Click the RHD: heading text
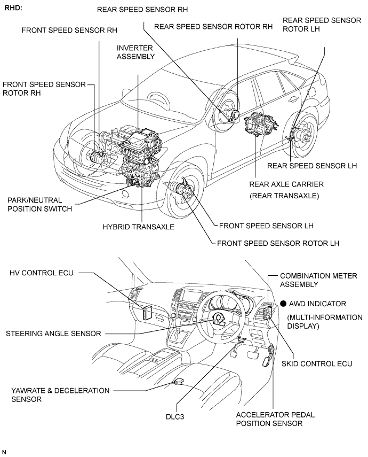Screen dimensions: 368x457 (x=13, y=7)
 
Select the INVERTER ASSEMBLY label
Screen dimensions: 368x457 (x=135, y=52)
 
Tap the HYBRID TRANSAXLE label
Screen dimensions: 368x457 (x=139, y=227)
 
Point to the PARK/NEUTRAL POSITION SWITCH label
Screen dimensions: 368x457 (x=39, y=205)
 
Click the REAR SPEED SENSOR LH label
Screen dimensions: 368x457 (x=312, y=166)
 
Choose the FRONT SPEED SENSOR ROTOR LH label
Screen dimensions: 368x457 (x=278, y=243)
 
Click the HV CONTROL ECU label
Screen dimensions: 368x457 (x=42, y=273)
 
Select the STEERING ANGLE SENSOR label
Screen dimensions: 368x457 (x=53, y=334)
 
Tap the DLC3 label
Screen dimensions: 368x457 (x=175, y=417)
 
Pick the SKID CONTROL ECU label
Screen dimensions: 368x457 (x=317, y=364)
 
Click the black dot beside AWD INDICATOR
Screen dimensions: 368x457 (x=283, y=304)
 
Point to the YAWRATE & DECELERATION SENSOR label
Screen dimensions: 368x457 (x=60, y=394)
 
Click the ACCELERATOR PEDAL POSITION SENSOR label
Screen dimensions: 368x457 (x=275, y=419)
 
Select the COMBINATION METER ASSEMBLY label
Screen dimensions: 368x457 (x=318, y=280)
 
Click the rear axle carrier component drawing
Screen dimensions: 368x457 (x=260, y=125)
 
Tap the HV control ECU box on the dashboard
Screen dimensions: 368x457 (x=147, y=313)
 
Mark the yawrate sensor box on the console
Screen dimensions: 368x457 (x=178, y=381)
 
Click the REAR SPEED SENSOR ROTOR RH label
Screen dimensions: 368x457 (x=213, y=27)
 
